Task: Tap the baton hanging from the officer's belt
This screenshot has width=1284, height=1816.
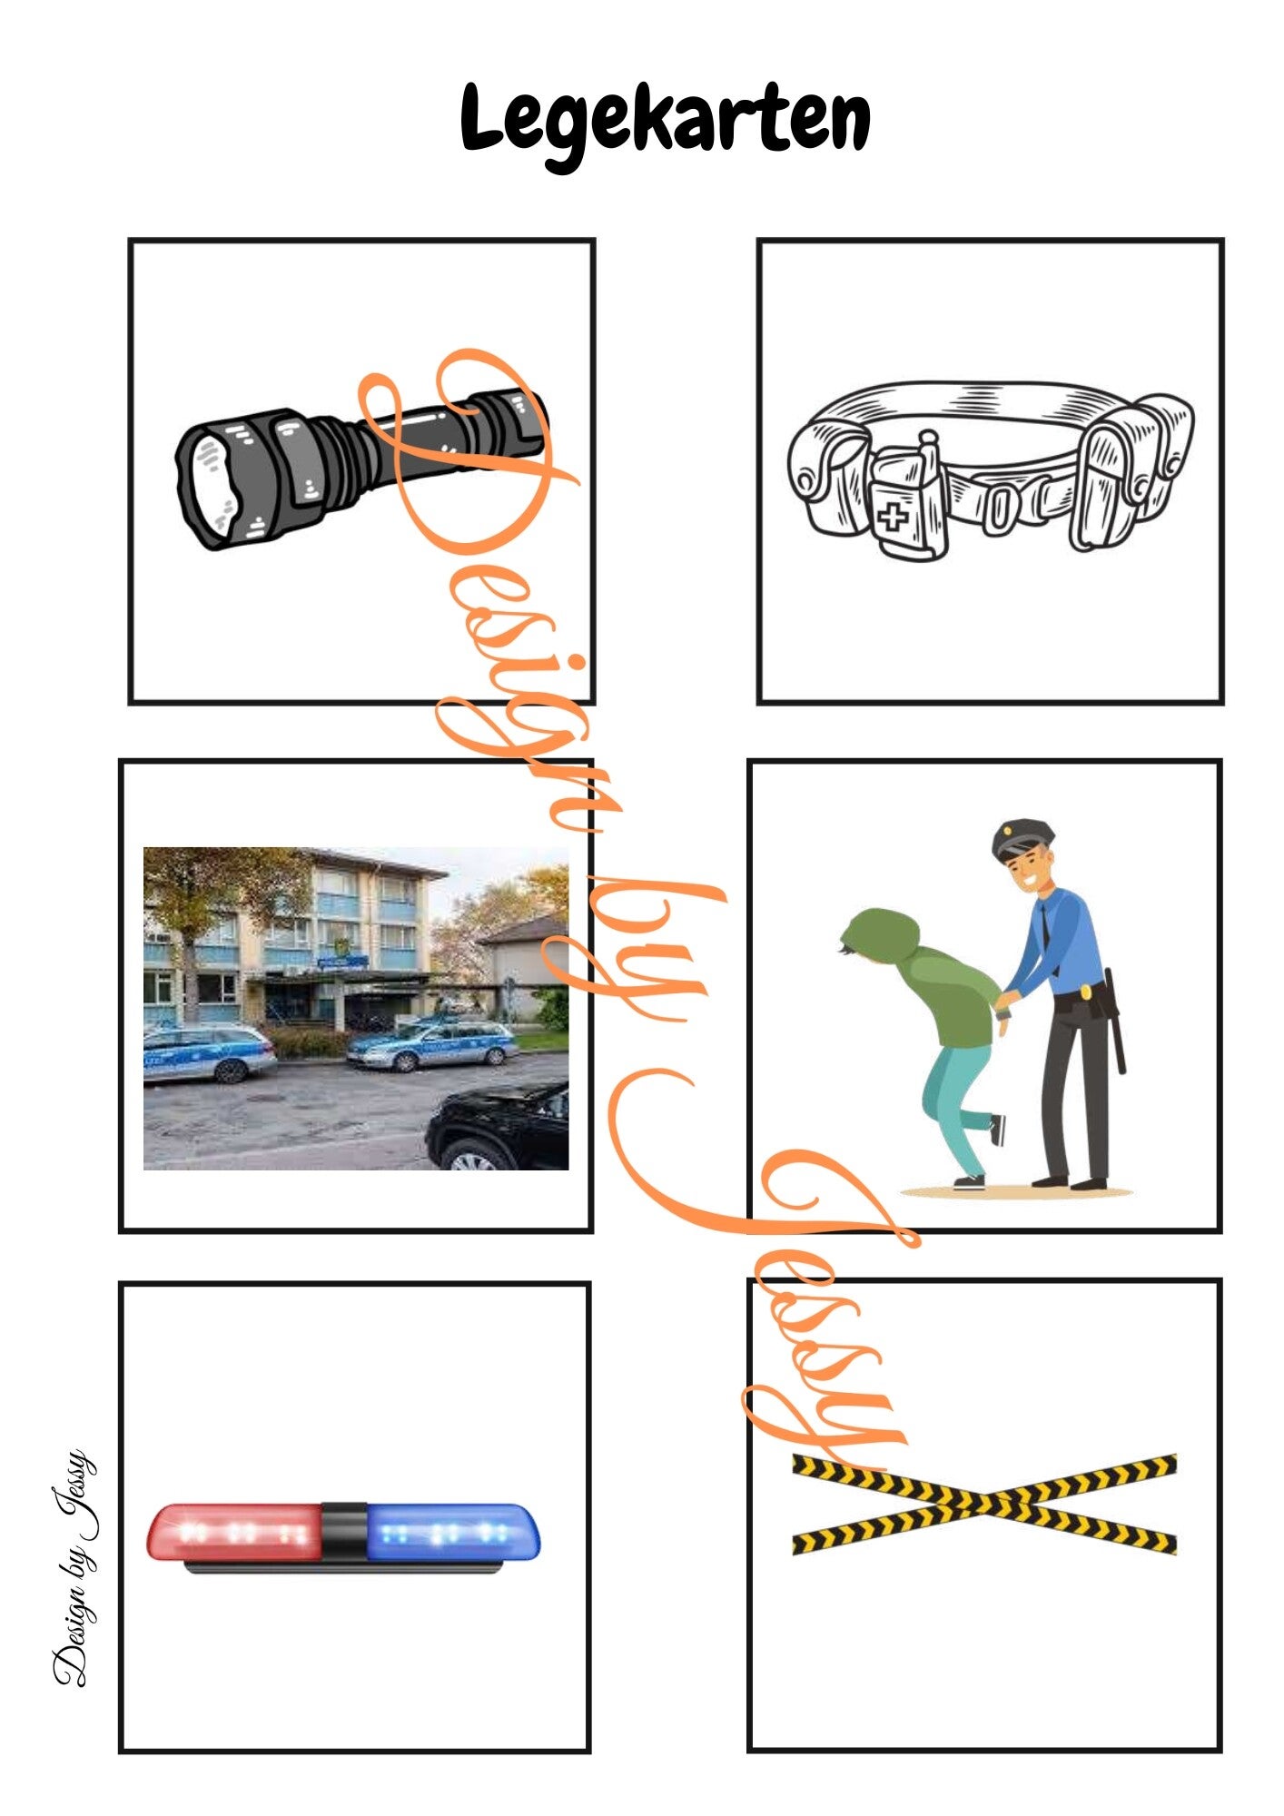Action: pyautogui.click(x=1116, y=1021)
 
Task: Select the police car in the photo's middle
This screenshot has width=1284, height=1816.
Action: pyautogui.click(x=431, y=1046)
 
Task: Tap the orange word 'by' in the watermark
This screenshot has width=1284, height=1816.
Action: pyautogui.click(x=627, y=944)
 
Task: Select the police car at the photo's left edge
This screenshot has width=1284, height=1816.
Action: pyautogui.click(x=208, y=1053)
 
